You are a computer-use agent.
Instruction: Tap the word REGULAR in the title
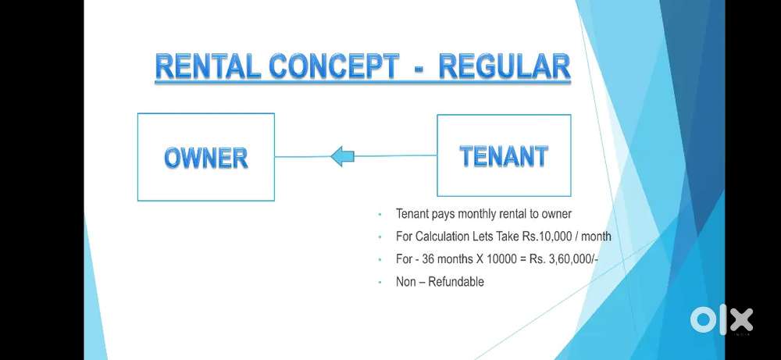pos(505,67)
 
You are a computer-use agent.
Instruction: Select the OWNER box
pos(205,157)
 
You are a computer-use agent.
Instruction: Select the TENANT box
pos(504,155)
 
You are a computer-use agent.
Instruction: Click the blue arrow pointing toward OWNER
pos(342,157)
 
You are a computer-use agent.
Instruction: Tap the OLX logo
pos(721,319)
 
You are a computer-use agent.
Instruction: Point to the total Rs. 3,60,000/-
pos(555,258)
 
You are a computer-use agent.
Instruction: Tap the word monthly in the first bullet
pos(479,213)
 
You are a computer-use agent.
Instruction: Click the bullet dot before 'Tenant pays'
pos(380,214)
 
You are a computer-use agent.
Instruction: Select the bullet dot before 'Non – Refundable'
pos(380,282)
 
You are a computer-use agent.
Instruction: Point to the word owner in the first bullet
pos(556,213)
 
